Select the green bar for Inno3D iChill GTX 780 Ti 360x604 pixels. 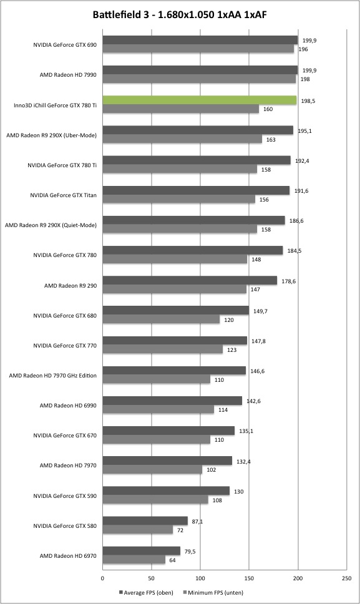(x=200, y=100)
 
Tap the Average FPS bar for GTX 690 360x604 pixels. (x=200, y=40)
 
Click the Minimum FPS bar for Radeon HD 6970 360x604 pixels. (x=134, y=560)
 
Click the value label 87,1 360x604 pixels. (x=197, y=522)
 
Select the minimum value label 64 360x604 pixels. (x=172, y=560)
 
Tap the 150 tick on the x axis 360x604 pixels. (x=249, y=578)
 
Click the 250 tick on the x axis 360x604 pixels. (x=346, y=578)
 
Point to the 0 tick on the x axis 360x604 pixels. (x=102, y=578)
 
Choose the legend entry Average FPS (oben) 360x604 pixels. (x=147, y=592)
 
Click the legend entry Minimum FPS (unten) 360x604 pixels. (x=213, y=592)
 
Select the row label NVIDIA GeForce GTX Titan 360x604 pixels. (x=63, y=195)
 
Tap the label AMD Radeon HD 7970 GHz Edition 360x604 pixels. (x=53, y=375)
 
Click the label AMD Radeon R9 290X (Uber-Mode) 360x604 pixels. (x=52, y=135)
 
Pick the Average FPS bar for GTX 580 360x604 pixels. (x=145, y=521)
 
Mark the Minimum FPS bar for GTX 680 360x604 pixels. (x=161, y=319)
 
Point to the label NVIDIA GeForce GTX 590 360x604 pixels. (x=65, y=496)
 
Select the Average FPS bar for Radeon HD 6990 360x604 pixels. (x=172, y=401)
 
